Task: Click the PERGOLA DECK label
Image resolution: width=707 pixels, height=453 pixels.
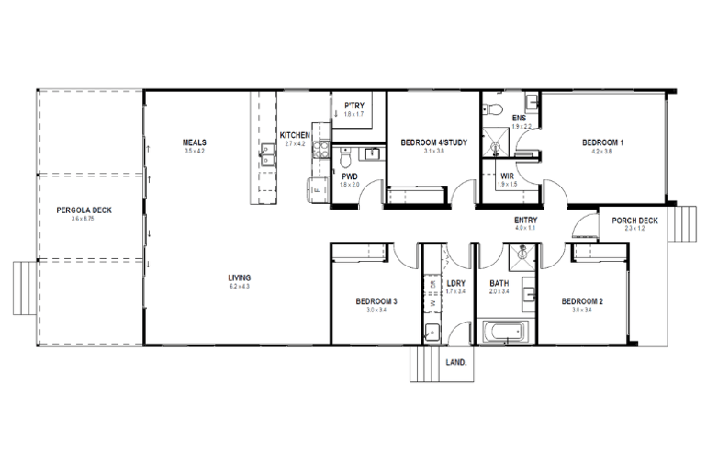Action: pyautogui.click(x=84, y=210)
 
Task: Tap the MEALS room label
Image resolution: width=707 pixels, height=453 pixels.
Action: pyautogui.click(x=194, y=142)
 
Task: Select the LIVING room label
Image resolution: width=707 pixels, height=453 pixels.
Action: pyautogui.click(x=241, y=277)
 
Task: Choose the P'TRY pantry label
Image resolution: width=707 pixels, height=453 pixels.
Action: pyautogui.click(x=354, y=107)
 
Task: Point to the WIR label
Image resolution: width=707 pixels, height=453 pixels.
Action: pyautogui.click(x=507, y=176)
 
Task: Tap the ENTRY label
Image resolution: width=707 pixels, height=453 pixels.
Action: pyautogui.click(x=526, y=221)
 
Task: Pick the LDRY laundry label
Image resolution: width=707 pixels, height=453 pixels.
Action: pyautogui.click(x=455, y=283)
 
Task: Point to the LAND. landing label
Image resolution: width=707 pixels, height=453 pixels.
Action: pyautogui.click(x=455, y=362)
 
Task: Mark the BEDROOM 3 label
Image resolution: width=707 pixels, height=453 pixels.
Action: pyautogui.click(x=376, y=302)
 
